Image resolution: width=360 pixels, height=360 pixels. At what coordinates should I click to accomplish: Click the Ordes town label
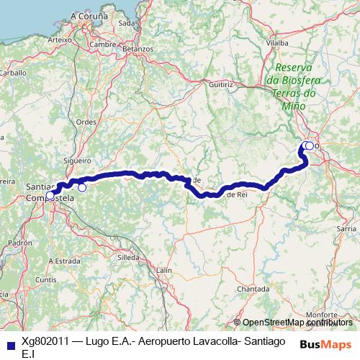click(x=86, y=122)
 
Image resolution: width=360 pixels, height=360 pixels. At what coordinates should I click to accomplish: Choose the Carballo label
click(x=12, y=72)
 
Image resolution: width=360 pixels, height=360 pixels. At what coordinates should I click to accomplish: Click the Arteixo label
click(x=59, y=40)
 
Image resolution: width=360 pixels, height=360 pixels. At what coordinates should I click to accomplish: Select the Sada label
click(x=127, y=22)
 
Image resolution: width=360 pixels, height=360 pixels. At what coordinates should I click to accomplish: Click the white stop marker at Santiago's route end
click(x=50, y=194)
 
